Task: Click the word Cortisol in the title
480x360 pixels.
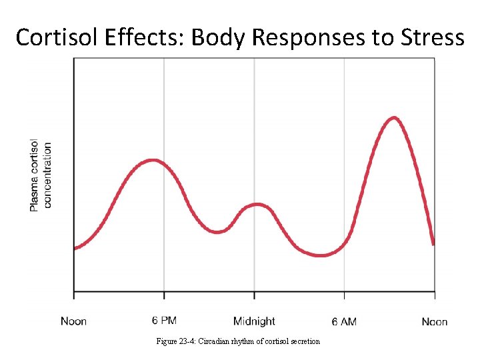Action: coord(56,37)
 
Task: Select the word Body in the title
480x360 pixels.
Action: coord(219,37)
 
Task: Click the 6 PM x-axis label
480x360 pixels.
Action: coord(165,321)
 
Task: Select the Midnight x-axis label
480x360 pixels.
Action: coord(254,321)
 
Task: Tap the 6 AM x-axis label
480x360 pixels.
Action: coord(343,321)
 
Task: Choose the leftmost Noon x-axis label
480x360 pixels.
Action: coord(73,321)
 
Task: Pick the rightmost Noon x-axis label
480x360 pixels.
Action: coord(435,321)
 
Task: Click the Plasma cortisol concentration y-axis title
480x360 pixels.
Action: coord(40,176)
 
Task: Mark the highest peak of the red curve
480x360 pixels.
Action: coord(394,118)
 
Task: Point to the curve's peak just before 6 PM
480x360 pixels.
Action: coord(153,161)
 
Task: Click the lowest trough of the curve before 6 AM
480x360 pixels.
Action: coord(321,255)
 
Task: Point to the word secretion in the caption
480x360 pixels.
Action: coord(303,341)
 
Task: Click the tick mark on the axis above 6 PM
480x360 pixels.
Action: coord(164,294)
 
